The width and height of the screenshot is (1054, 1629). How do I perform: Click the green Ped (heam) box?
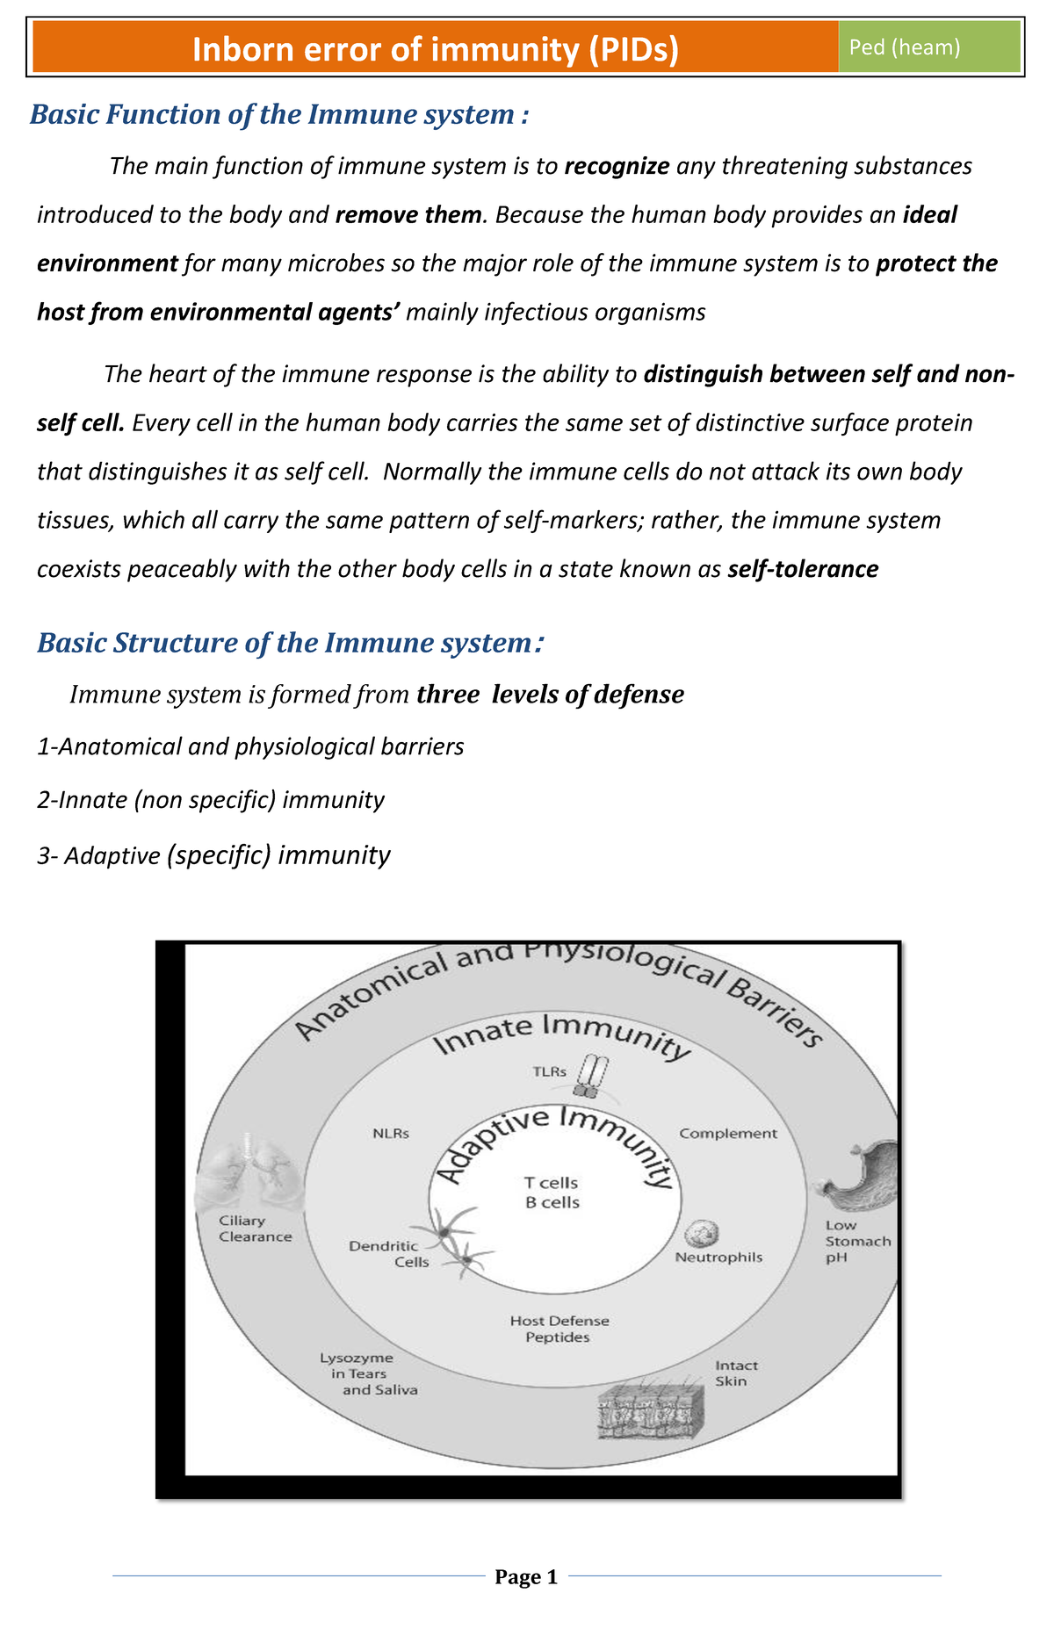(x=929, y=47)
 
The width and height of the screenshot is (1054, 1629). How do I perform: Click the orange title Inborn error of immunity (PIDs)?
(x=436, y=50)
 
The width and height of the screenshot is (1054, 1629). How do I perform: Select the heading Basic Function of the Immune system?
(x=279, y=115)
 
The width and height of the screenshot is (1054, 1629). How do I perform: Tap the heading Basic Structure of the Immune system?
(x=290, y=643)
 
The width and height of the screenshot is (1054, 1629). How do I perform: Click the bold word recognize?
(x=617, y=166)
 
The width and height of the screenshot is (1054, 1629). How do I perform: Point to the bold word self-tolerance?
(x=803, y=569)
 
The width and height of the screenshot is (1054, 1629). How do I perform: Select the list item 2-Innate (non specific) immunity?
(x=211, y=800)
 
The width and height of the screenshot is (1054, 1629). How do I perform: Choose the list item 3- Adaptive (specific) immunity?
(x=213, y=854)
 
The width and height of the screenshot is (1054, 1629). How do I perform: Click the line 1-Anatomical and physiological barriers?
(x=250, y=746)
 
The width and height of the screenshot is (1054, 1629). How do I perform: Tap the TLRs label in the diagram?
(x=549, y=1072)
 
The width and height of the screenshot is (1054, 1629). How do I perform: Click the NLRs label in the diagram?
(x=391, y=1133)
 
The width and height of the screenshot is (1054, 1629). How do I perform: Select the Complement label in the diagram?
(x=728, y=1134)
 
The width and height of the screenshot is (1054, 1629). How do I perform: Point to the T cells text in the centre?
(x=552, y=1183)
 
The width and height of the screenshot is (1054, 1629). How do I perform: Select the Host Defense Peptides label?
(x=559, y=1329)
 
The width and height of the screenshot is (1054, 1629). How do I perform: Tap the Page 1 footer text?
(x=526, y=1577)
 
